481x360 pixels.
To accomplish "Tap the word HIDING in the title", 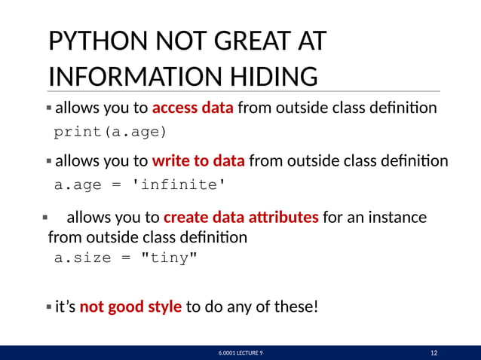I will pyautogui.click(x=274, y=76).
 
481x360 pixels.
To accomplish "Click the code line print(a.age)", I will pyautogui.click(x=111, y=133).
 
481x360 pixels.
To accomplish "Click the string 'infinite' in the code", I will pyautogui.click(x=181, y=185).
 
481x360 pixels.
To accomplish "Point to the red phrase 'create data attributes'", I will pyautogui.click(x=240, y=218).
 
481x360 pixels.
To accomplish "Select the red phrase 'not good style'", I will pyautogui.click(x=130, y=307).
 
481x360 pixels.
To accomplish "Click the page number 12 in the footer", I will pyautogui.click(x=434, y=352).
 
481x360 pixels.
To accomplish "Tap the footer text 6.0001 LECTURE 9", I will pyautogui.click(x=241, y=352).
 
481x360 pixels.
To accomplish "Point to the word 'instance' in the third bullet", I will pyautogui.click(x=397, y=218).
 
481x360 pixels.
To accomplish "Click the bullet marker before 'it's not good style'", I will pyautogui.click(x=49, y=307).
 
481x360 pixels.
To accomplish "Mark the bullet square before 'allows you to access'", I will pyautogui.click(x=49, y=108).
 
